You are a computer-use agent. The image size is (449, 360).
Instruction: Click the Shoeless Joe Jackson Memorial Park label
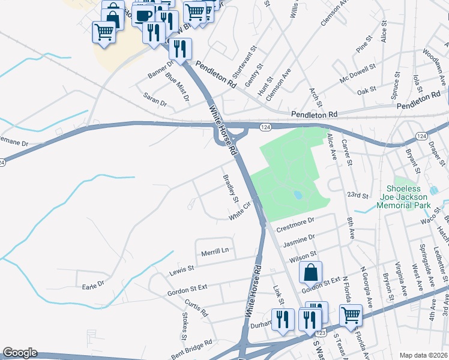(403, 197)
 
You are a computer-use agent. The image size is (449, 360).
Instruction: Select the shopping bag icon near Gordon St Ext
(310, 273)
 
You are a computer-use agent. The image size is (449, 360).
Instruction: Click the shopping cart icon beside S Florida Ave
(351, 315)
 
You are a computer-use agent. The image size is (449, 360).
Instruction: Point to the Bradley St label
(231, 188)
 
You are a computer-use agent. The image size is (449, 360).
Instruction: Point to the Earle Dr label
(93, 284)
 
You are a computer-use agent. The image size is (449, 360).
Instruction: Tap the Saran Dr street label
(155, 99)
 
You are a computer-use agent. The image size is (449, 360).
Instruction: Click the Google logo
(20, 353)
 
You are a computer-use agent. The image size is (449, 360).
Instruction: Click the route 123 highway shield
(321, 332)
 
